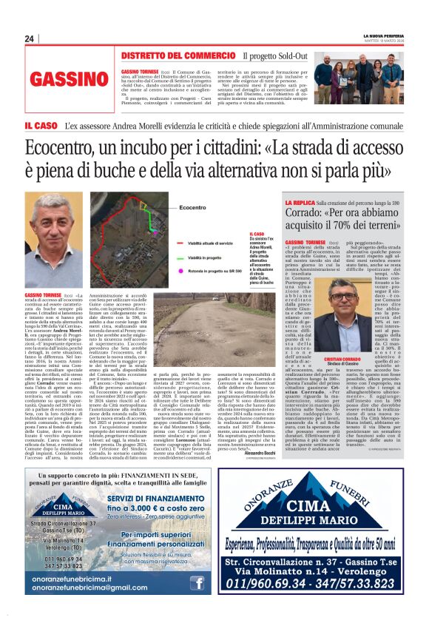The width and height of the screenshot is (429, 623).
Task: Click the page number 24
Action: (29, 38)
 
